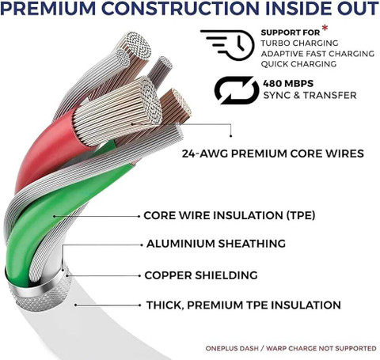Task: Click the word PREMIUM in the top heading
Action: coord(48,9)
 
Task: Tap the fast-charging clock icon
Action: coord(227,45)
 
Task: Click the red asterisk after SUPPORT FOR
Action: coord(325,28)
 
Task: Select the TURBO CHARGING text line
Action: coord(299,43)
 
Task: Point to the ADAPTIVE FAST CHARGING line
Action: coord(317,54)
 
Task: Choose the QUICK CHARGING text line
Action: coord(298,64)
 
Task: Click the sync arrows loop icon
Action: coord(237,90)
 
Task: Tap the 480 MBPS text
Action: coord(288,84)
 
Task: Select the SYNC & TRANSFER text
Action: coord(310,95)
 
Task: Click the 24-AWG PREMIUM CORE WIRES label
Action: coord(273,153)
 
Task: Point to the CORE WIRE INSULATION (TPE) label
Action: coord(230,215)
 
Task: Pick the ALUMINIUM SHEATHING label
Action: coord(216,244)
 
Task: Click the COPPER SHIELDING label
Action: coord(201,275)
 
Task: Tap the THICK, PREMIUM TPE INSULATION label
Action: coord(244,305)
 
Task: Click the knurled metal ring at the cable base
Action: coord(40,293)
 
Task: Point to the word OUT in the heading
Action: coord(357,9)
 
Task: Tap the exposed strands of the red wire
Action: coord(117,111)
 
